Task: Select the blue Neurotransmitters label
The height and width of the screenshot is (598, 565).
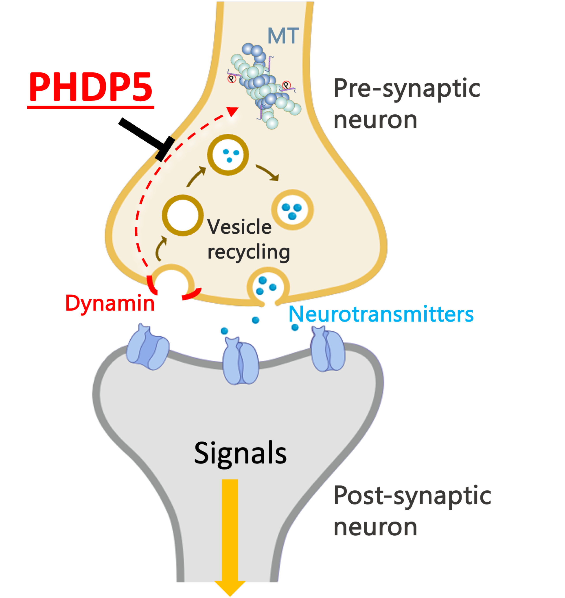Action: click(x=381, y=314)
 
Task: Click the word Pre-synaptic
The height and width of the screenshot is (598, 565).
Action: click(x=407, y=89)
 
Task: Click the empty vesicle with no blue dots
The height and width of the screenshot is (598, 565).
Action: click(x=183, y=215)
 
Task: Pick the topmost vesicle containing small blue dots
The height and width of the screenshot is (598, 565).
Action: click(x=228, y=155)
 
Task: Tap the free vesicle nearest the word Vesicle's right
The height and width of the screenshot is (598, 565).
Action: click(x=292, y=210)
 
